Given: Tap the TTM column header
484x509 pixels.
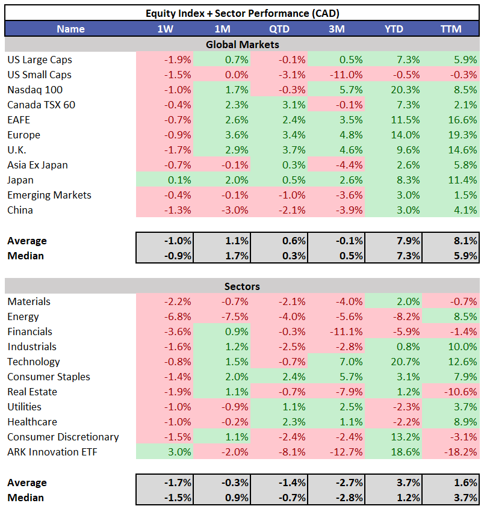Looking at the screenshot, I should click(451, 29).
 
